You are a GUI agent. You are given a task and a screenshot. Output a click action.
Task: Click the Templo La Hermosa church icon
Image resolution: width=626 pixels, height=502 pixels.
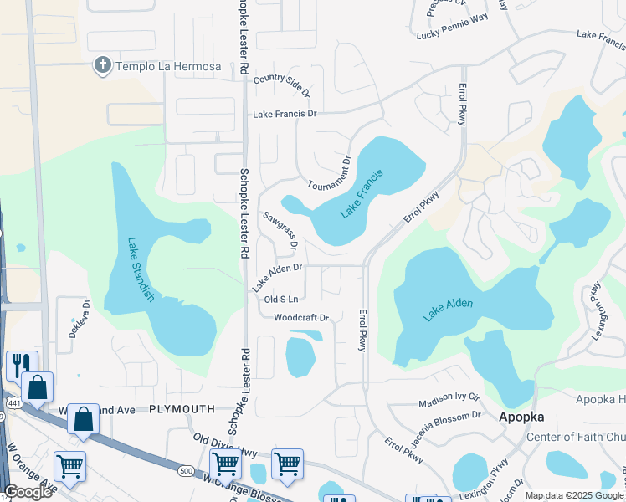click(x=103, y=65)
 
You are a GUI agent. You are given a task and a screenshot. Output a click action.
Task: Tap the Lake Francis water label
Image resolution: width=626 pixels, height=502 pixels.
click(x=362, y=195)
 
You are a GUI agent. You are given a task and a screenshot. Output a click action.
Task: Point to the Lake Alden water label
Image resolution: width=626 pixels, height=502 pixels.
click(x=448, y=308)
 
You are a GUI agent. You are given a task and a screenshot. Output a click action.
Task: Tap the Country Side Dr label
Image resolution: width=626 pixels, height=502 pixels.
click(x=282, y=83)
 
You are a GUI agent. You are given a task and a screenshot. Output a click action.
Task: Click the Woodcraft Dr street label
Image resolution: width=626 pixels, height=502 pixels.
click(x=302, y=318)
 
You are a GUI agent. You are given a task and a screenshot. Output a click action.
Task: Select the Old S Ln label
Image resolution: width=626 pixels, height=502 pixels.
click(x=281, y=299)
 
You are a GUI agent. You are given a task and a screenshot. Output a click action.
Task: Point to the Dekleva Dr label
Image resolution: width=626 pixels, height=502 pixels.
click(x=79, y=318)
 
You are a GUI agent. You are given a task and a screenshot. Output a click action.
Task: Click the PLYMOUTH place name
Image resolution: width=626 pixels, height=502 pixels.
click(x=182, y=409)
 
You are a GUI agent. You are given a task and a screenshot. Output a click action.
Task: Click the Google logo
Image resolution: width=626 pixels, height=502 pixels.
click(x=28, y=492)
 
